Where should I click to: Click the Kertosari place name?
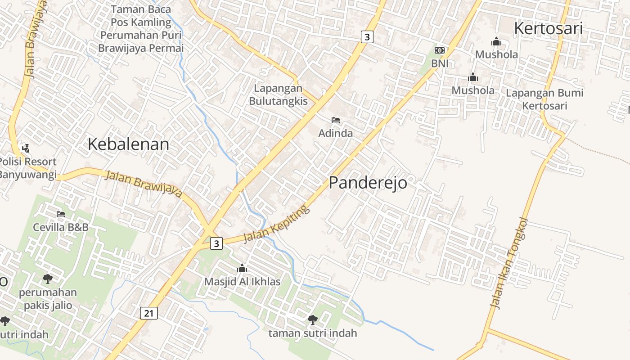coord(548,28)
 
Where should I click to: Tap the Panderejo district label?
coord(368,183)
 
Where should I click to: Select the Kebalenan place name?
coord(128,144)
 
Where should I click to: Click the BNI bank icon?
coord(439,50)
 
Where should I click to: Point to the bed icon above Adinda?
coord(335,120)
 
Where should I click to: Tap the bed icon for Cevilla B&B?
coord(61,214)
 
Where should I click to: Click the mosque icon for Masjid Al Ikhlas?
coord(242,269)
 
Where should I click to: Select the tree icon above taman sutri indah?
coord(312,320)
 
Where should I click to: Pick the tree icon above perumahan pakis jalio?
coord(47,279)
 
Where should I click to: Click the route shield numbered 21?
coord(149,313)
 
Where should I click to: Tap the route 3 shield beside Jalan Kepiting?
coord(216,243)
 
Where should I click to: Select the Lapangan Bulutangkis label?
coord(278,94)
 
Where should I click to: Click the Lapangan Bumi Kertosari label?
coord(544,99)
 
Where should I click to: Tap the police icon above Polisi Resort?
coord(26,148)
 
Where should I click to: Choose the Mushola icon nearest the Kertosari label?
coord(496,42)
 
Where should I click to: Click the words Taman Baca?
coord(141,9)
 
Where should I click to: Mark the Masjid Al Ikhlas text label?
coord(242,282)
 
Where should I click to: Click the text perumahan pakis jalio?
coord(48,299)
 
